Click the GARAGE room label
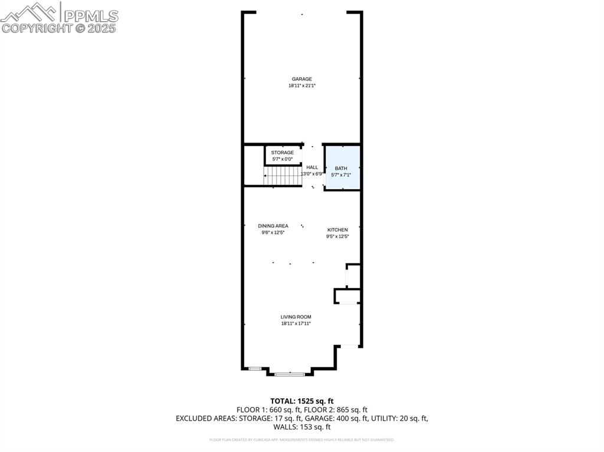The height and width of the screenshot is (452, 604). [301, 79]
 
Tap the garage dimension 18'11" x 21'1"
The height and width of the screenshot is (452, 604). [301, 86]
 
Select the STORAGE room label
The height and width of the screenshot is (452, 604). [282, 153]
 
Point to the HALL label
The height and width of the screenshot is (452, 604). [312, 167]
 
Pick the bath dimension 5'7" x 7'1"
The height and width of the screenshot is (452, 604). [341, 175]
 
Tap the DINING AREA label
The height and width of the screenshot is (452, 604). [273, 226]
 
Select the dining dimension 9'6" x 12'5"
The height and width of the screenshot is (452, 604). [273, 233]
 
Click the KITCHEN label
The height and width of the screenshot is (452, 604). [337, 230]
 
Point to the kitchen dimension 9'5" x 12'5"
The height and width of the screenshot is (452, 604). [337, 237]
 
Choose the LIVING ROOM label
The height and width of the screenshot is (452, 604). [296, 317]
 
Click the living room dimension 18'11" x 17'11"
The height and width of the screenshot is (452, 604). [296, 324]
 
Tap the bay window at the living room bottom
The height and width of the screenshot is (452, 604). [290, 374]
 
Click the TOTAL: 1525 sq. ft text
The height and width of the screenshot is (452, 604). [301, 401]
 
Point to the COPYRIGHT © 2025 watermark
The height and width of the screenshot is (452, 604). [59, 28]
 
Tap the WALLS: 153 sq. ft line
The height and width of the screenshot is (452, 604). [301, 427]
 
